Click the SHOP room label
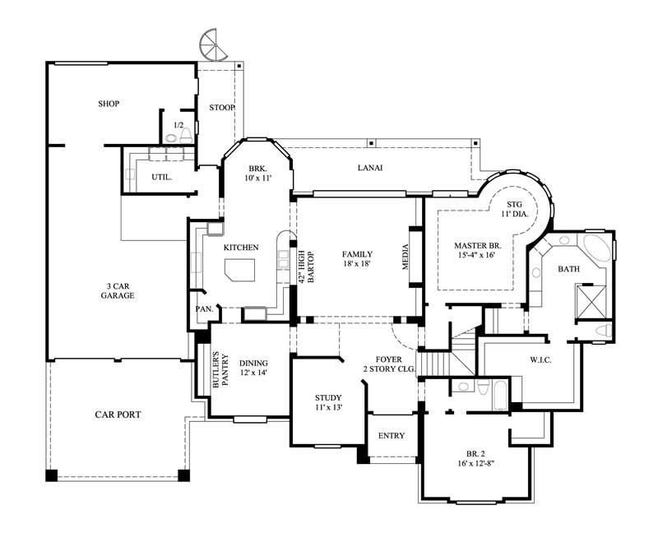109,104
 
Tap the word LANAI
370,168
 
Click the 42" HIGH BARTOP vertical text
306,267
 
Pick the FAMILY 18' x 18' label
358,259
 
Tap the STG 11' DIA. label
515,209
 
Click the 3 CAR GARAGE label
118,290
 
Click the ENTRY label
392,435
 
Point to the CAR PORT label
118,415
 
